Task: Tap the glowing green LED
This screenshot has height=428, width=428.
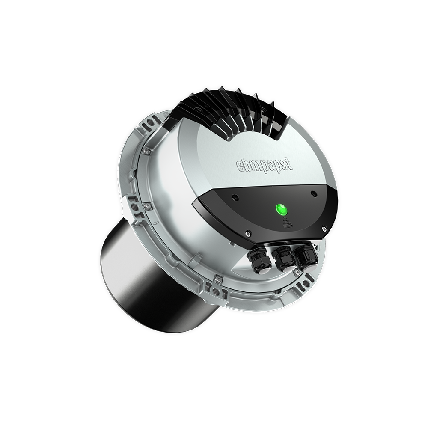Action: pos(282,210)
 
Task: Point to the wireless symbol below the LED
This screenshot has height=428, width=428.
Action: pos(285,223)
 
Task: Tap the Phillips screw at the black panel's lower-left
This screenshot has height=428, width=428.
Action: pos(248,233)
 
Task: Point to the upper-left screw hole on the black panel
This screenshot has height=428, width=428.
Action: pos(235,197)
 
